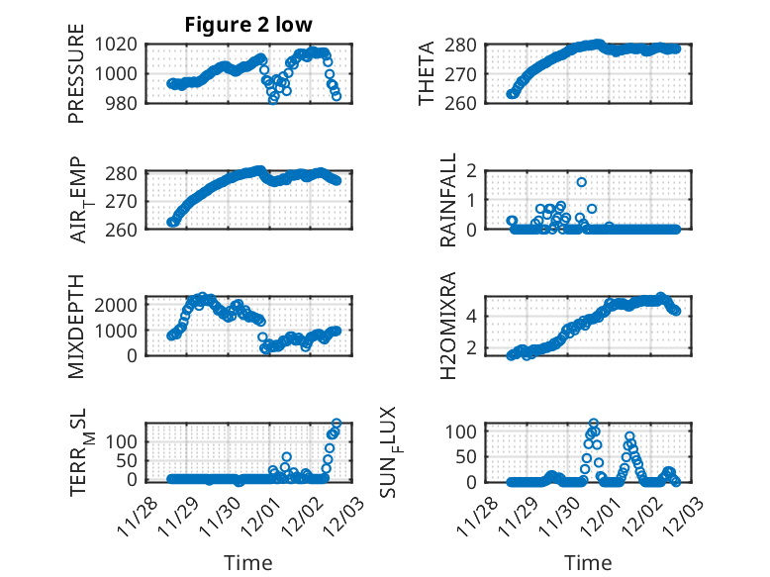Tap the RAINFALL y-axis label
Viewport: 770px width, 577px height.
click(x=448, y=200)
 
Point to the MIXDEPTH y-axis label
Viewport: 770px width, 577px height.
click(x=76, y=326)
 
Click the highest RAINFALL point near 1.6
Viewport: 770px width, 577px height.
click(x=582, y=182)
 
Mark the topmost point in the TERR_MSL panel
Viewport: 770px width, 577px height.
click(x=337, y=424)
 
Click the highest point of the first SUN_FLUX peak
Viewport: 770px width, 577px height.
click(x=594, y=424)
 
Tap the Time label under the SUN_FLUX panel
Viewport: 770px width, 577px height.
click(x=588, y=562)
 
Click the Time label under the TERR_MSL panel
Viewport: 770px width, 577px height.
click(x=248, y=562)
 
